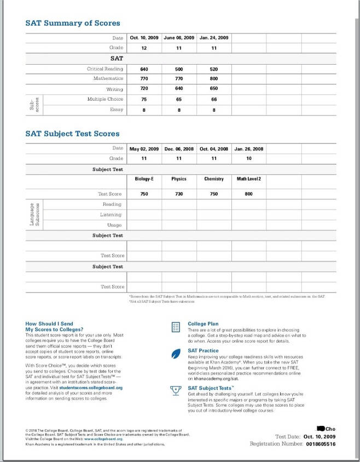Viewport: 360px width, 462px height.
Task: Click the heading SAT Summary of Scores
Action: coord(73,23)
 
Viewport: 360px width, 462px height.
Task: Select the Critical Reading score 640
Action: coord(144,70)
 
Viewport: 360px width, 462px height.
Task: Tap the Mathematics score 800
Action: coord(214,79)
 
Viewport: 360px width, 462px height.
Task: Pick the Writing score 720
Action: coord(144,89)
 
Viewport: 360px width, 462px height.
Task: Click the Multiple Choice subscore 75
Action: coord(144,99)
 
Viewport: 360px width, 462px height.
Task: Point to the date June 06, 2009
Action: coord(179,38)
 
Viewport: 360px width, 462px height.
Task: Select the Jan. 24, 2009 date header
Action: coord(214,38)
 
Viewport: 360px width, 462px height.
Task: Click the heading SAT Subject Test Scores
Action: coord(72,134)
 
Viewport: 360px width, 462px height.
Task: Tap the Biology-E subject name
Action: coord(144,179)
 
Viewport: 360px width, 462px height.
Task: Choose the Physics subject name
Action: coord(179,179)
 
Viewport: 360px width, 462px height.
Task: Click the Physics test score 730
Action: coord(179,194)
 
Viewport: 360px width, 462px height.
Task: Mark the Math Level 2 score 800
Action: coord(249,194)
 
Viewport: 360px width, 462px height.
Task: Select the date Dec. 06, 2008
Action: coord(179,149)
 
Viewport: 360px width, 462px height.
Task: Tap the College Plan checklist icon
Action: coord(176,327)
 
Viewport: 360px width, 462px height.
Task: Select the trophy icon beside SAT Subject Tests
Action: coord(176,390)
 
